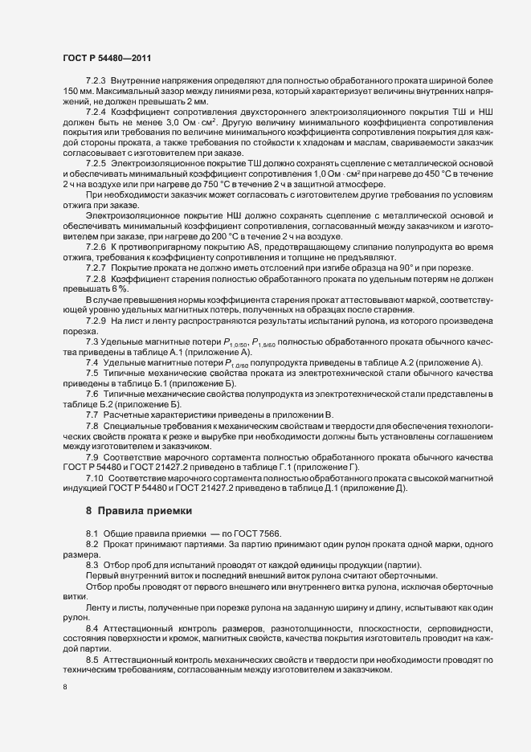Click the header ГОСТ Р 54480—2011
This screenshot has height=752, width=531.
pyautogui.click(x=104, y=58)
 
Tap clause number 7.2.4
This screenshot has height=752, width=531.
pyautogui.click(x=96, y=110)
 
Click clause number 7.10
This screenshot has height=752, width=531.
pyautogui.click(x=94, y=479)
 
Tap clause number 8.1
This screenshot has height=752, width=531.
pyautogui.click(x=92, y=556)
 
